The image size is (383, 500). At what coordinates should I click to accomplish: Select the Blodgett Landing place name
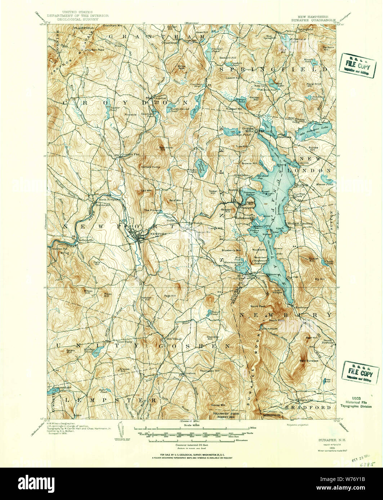[302, 223]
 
